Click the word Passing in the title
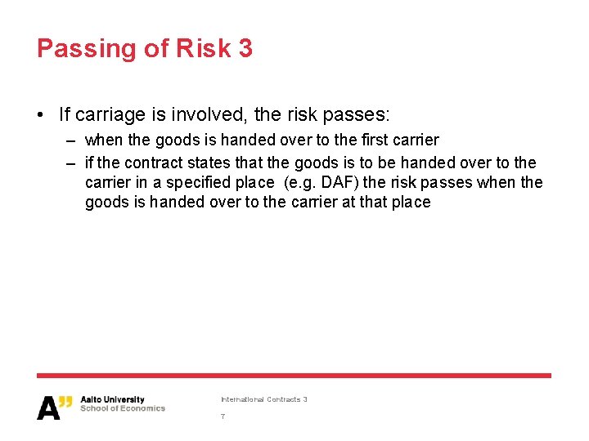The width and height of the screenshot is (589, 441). pyautogui.click(x=85, y=49)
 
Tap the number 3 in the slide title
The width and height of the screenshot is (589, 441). pyautogui.click(x=245, y=48)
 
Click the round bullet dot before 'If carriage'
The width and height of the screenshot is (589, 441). pyautogui.click(x=42, y=114)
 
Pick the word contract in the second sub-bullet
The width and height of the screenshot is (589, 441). pyautogui.click(x=151, y=163)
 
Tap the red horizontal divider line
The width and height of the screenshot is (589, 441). pyautogui.click(x=294, y=376)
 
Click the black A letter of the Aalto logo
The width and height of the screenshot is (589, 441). pyautogui.click(x=48, y=408)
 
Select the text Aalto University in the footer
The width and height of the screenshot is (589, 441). pyautogui.click(x=112, y=400)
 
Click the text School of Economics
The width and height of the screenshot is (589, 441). pyautogui.click(x=122, y=408)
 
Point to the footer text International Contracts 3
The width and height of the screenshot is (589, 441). pyautogui.click(x=263, y=399)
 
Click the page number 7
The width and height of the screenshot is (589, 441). pyautogui.click(x=223, y=416)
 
